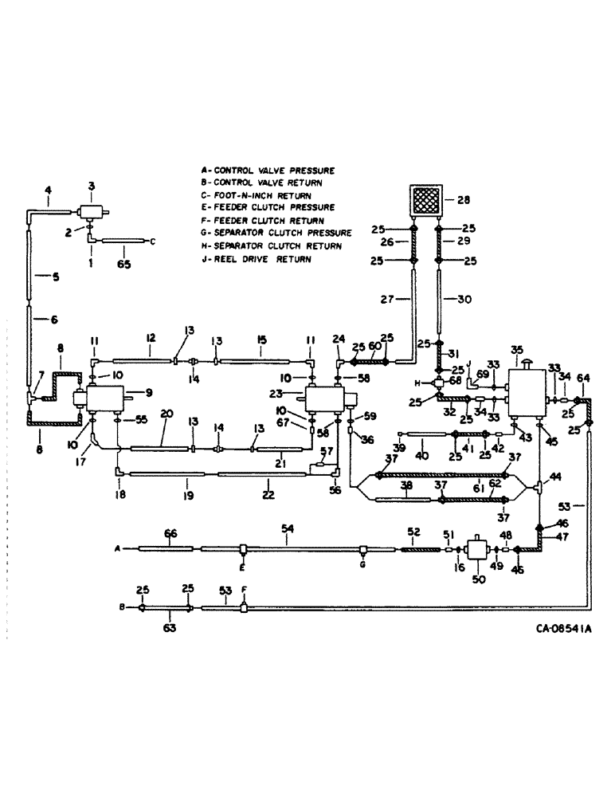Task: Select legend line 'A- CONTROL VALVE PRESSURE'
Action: pyautogui.click(x=268, y=170)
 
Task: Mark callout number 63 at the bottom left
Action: pyautogui.click(x=169, y=627)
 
